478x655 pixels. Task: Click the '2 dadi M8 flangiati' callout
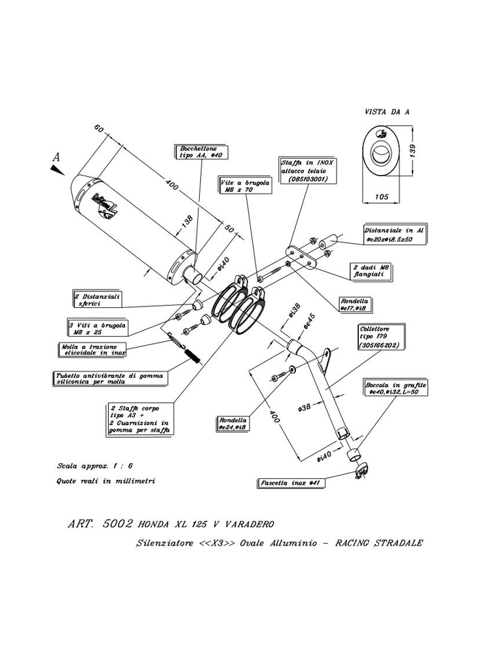(373, 272)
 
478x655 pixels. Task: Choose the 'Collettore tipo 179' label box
(379, 336)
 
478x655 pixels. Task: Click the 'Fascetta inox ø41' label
(290, 483)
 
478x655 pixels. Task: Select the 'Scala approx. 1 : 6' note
(95, 466)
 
